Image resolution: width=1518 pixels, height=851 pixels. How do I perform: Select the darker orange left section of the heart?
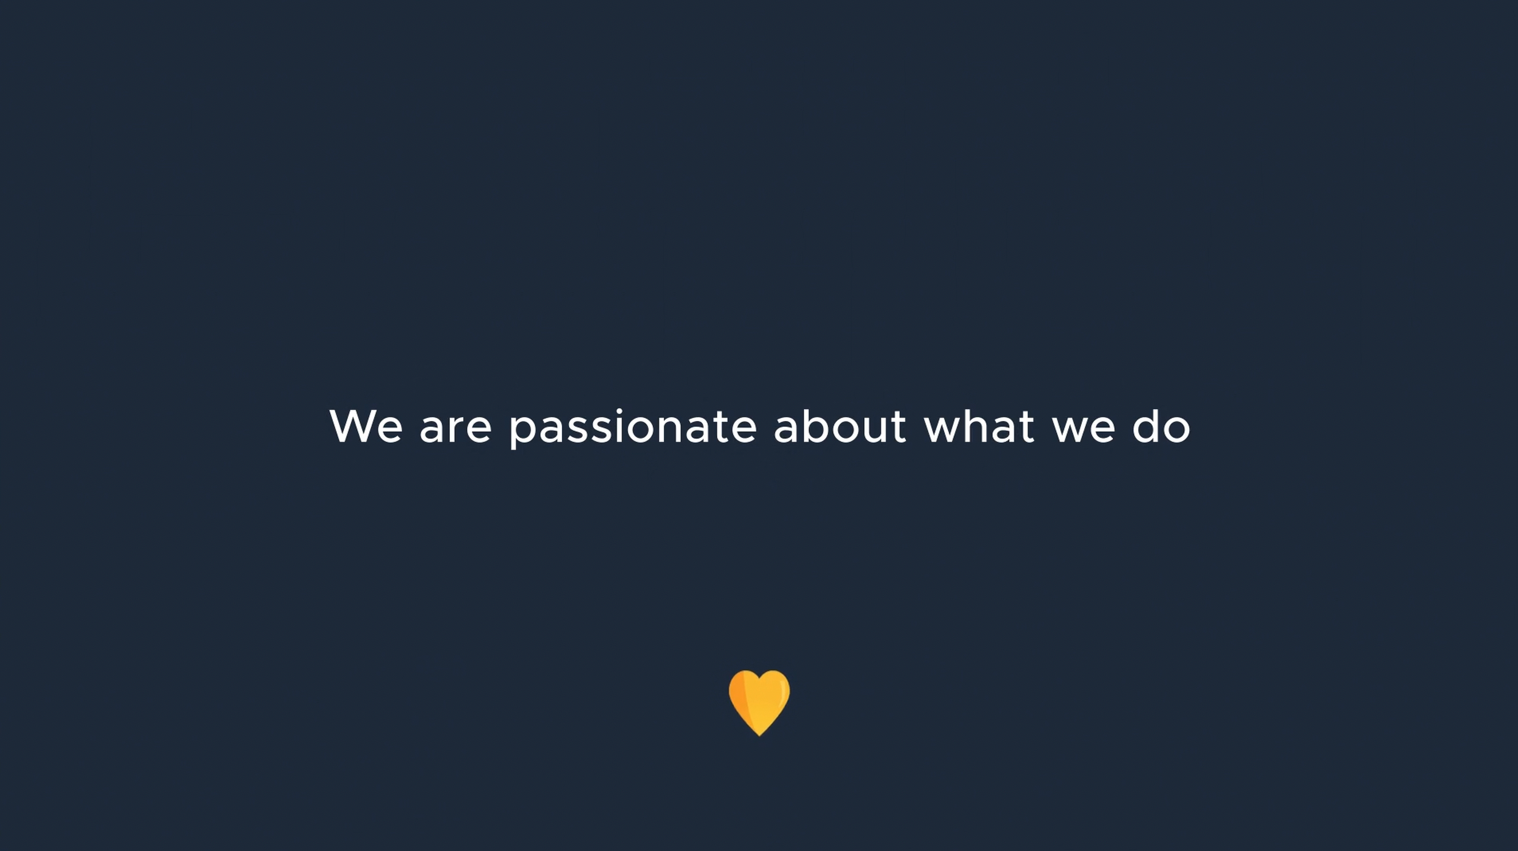tap(739, 698)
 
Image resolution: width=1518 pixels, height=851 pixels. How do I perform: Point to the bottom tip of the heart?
tap(759, 736)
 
